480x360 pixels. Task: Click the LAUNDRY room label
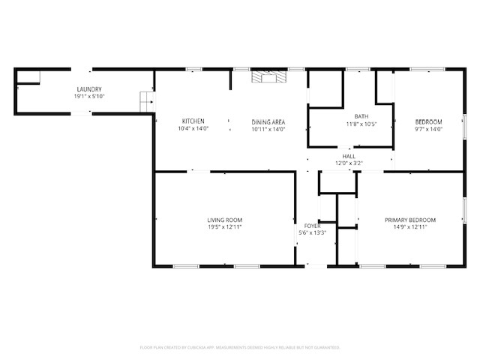[88, 89]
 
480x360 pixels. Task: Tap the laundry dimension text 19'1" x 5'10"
[88, 97]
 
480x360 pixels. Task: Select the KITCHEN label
[193, 121]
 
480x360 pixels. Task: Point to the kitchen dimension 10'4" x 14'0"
[193, 129]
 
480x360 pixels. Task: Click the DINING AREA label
[268, 121]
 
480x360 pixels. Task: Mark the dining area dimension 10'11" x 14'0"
[268, 129]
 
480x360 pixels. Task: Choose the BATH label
[361, 116]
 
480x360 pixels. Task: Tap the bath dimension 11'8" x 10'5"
[361, 124]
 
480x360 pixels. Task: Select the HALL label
[349, 156]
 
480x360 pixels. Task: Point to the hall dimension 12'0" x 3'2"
[349, 163]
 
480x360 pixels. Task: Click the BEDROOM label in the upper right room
[429, 121]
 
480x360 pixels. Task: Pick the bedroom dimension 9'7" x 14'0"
[429, 129]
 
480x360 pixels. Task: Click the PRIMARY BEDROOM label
[409, 220]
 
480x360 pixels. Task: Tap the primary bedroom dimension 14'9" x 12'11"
[409, 227]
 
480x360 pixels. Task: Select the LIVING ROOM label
[224, 220]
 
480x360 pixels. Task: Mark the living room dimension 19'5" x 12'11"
[224, 227]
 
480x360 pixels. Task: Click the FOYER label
[312, 226]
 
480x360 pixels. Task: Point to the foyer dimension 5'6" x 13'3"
[312, 233]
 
